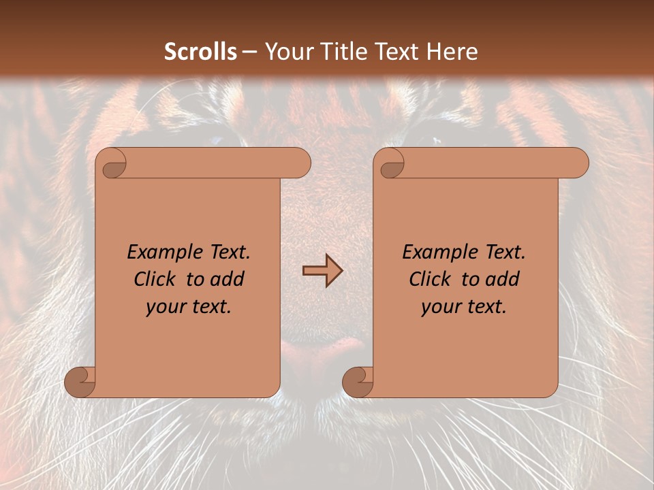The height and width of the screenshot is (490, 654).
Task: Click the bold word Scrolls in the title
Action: [x=201, y=52]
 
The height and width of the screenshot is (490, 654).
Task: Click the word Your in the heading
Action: [x=286, y=52]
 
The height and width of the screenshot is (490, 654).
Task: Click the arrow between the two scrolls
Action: [x=322, y=271]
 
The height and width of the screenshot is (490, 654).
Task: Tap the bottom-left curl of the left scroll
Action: [x=80, y=382]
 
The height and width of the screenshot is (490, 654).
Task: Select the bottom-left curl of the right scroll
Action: [x=358, y=382]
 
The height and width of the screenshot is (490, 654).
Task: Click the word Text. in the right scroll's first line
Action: [x=505, y=252]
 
